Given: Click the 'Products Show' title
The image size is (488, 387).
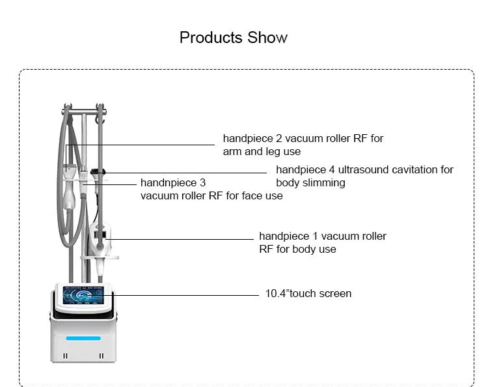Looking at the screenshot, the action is click(x=234, y=38).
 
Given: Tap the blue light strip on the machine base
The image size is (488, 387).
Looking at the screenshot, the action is click(x=83, y=338).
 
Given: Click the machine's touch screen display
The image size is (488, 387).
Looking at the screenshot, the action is click(x=83, y=295).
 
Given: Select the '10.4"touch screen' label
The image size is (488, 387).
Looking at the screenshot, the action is click(x=308, y=294).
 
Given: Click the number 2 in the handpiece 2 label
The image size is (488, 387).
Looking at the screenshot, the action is click(x=279, y=138).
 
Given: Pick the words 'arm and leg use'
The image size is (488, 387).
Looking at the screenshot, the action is click(x=262, y=152).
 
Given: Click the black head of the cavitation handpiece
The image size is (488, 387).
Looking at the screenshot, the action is click(x=98, y=171).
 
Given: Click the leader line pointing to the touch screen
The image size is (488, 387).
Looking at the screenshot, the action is click(x=185, y=294).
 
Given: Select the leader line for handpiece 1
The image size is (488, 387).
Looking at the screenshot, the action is click(x=180, y=239).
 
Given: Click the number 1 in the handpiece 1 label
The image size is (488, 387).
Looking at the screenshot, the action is click(x=315, y=236).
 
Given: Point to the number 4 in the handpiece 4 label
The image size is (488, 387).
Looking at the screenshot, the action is click(x=332, y=170).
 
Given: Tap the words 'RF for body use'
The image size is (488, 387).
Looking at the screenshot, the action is click(x=297, y=250).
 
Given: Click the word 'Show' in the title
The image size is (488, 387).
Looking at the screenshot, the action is click(x=267, y=38).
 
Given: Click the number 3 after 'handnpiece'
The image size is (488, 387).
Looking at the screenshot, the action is click(x=202, y=183).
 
